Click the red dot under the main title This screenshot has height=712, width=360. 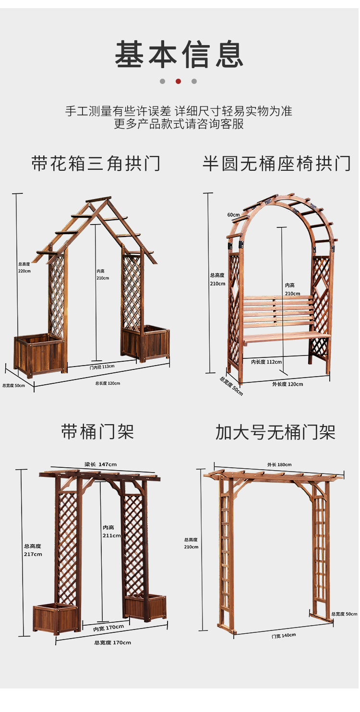(178, 82)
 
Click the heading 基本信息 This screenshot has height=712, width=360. (179, 55)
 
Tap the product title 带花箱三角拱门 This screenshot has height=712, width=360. (96, 164)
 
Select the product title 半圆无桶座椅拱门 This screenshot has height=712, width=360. (276, 164)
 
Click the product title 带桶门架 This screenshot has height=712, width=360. (97, 432)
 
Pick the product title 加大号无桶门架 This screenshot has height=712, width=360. (275, 432)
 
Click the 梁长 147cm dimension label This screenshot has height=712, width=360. (100, 464)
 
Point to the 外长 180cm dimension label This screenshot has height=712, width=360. (279, 464)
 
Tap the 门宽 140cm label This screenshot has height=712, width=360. (283, 635)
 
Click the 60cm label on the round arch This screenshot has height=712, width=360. (233, 214)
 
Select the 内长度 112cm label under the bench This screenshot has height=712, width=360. (266, 362)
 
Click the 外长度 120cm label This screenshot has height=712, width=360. (288, 384)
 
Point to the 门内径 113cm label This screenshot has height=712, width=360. (102, 367)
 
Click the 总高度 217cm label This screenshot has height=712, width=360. (33, 550)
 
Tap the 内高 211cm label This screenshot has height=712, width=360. (111, 532)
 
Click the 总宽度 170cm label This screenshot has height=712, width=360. (112, 642)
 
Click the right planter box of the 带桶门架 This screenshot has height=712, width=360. (144, 606)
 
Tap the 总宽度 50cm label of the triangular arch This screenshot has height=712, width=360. (13, 385)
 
